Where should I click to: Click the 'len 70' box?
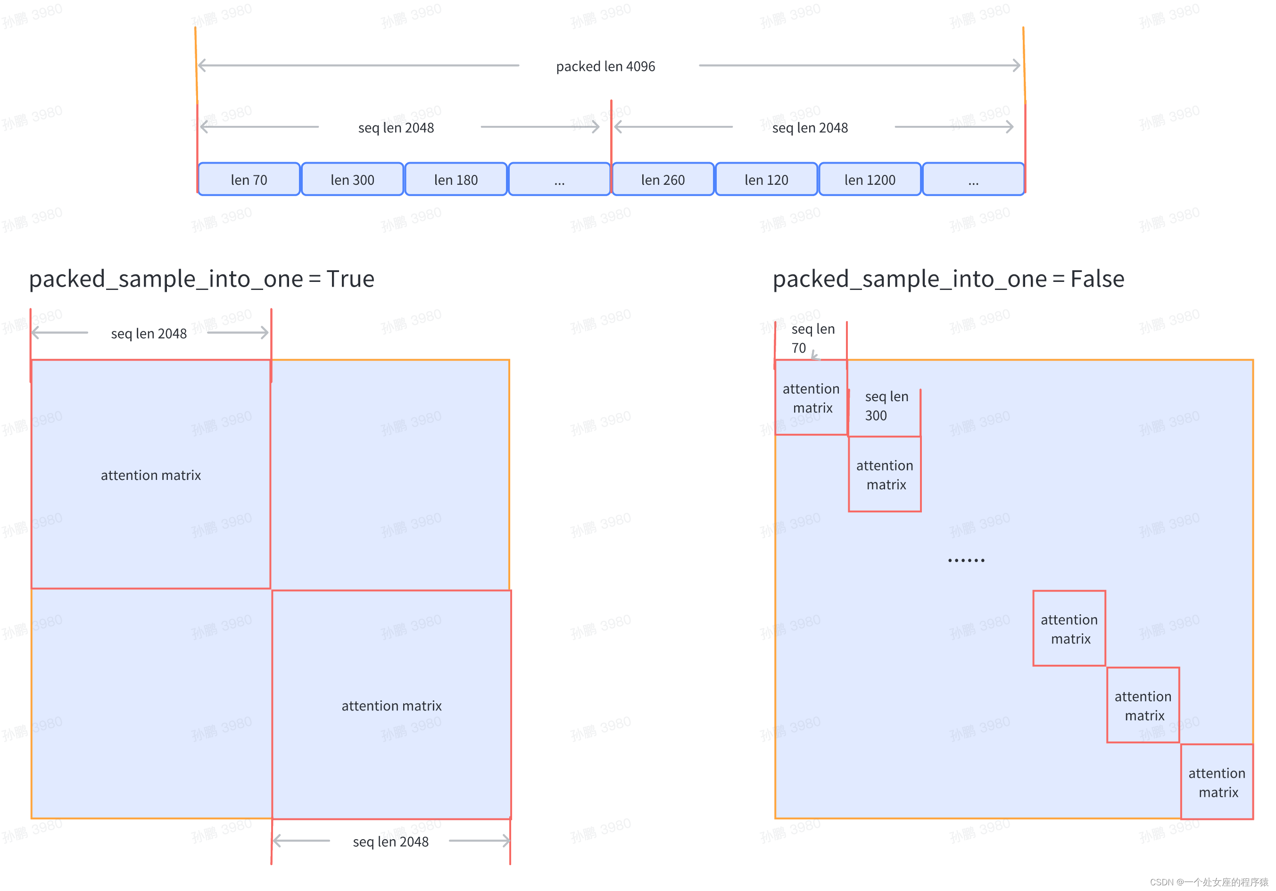[249, 180]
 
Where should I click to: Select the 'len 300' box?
[352, 180]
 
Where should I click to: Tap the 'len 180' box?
[456, 180]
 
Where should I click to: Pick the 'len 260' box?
[663, 180]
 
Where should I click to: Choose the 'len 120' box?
[766, 180]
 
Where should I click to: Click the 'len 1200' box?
[869, 180]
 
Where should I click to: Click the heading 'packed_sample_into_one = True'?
[201, 279]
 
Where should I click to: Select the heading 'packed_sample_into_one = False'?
[948, 279]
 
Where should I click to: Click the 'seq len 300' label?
[886, 405]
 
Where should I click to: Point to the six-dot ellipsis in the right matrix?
[966, 560]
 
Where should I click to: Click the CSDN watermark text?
[1209, 882]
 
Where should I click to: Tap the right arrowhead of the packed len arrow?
[1017, 66]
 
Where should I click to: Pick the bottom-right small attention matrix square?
[1217, 782]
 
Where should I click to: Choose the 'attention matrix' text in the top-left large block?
[150, 475]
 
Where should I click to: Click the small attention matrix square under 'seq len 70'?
[811, 398]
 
